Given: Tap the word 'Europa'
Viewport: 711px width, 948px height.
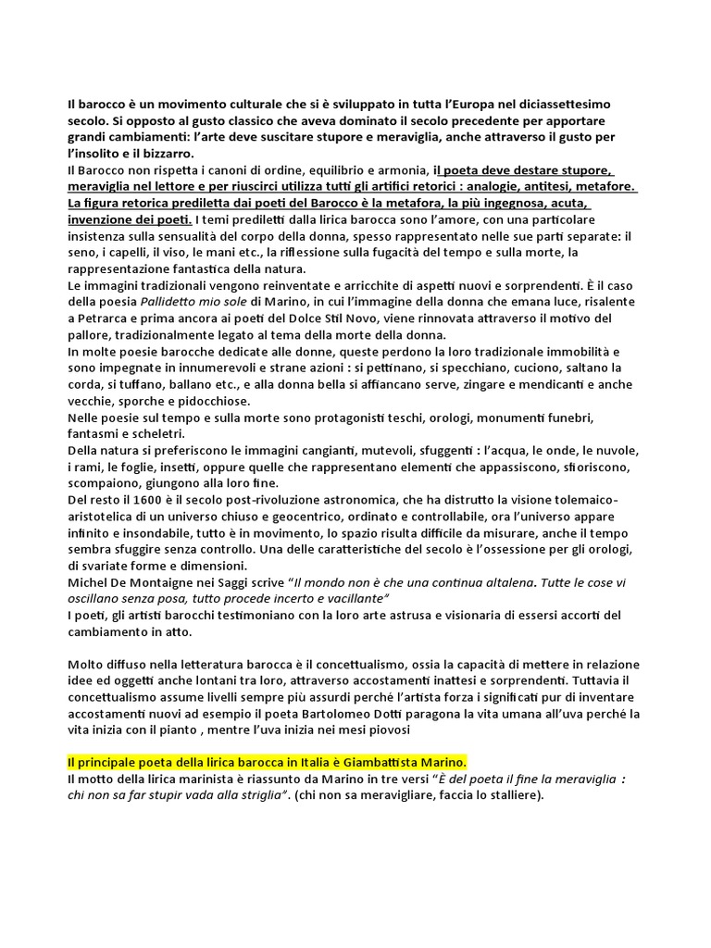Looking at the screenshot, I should pos(443,105).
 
